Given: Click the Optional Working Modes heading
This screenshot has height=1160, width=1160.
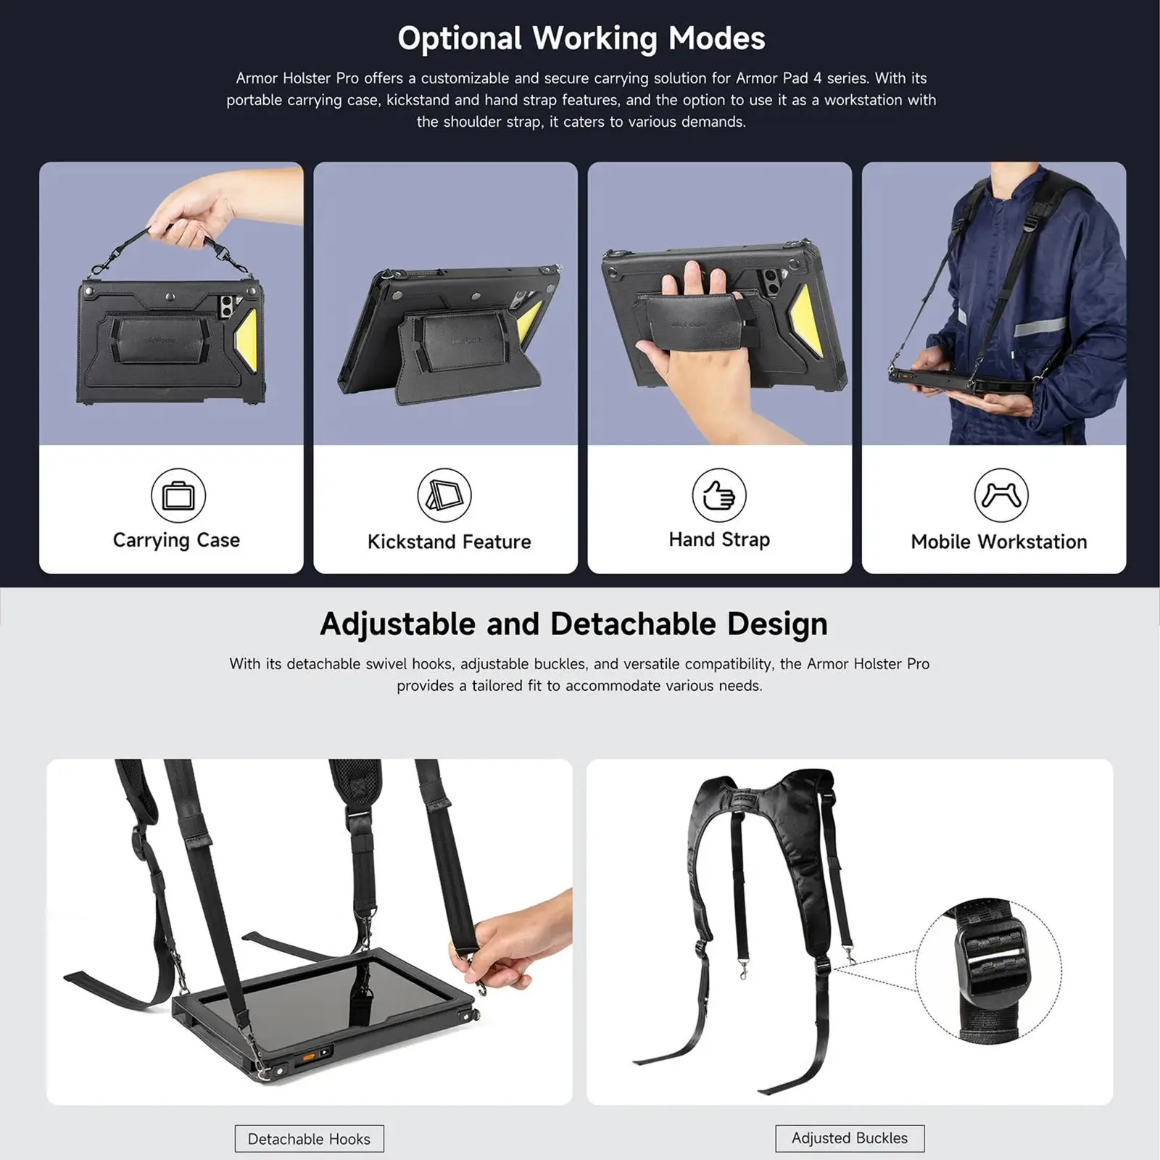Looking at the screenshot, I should tap(581, 38).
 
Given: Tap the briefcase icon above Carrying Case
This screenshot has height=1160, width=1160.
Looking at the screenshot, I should tap(178, 495).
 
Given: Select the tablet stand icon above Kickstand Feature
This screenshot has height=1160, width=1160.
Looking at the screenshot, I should tap(444, 495).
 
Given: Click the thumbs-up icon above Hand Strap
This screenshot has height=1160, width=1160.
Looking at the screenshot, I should tap(719, 495).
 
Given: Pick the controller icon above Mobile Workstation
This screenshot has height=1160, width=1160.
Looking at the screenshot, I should tap(1000, 495).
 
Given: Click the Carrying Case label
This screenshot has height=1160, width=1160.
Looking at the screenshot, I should tap(176, 540).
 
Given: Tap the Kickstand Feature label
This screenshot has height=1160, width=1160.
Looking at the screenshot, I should tap(449, 542).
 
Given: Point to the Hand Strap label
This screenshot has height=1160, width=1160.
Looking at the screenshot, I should tap(719, 539).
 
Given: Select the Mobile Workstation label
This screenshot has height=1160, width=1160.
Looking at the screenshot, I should tap(998, 542).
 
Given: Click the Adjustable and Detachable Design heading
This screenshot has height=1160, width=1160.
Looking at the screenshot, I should tap(573, 624).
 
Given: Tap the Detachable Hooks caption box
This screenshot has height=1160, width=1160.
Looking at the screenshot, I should tap(309, 1139).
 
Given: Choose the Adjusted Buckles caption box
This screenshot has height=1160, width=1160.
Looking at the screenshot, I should tap(849, 1138).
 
